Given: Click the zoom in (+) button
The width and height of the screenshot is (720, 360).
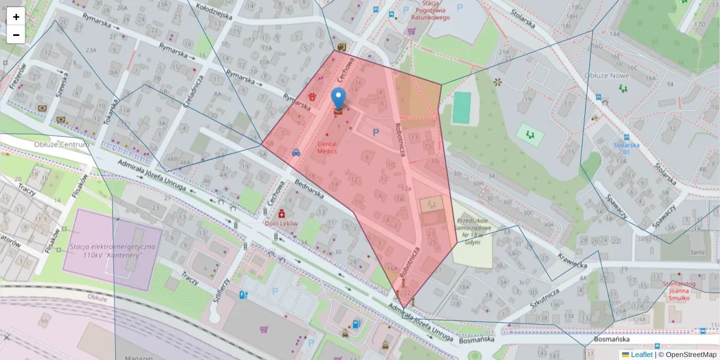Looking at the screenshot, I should pos(16,16).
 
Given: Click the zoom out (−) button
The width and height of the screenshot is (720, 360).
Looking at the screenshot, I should pos(16,34).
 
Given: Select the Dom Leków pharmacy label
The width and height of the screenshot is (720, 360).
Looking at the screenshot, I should pos(281,223).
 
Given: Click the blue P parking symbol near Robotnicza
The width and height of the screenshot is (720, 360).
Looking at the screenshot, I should pos(376,133).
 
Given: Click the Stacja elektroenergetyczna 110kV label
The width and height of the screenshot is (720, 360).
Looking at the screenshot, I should pos(112,251).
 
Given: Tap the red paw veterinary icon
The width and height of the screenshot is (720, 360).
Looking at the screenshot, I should pos(313,96).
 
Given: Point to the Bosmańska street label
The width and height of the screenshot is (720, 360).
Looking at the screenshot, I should pos(610,339).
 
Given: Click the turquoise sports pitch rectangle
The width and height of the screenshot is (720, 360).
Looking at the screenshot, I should pos(461,108).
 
